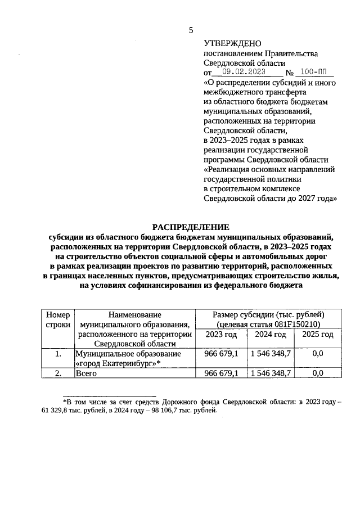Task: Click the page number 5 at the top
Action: tap(191, 30)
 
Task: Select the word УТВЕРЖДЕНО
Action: tap(228, 43)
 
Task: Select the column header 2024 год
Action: tap(271, 335)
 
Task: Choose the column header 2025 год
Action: tap(318, 335)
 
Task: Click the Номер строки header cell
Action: tap(57, 319)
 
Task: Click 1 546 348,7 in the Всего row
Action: tap(271, 373)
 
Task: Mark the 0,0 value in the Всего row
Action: tap(318, 373)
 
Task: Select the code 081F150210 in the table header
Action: tap(292, 325)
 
